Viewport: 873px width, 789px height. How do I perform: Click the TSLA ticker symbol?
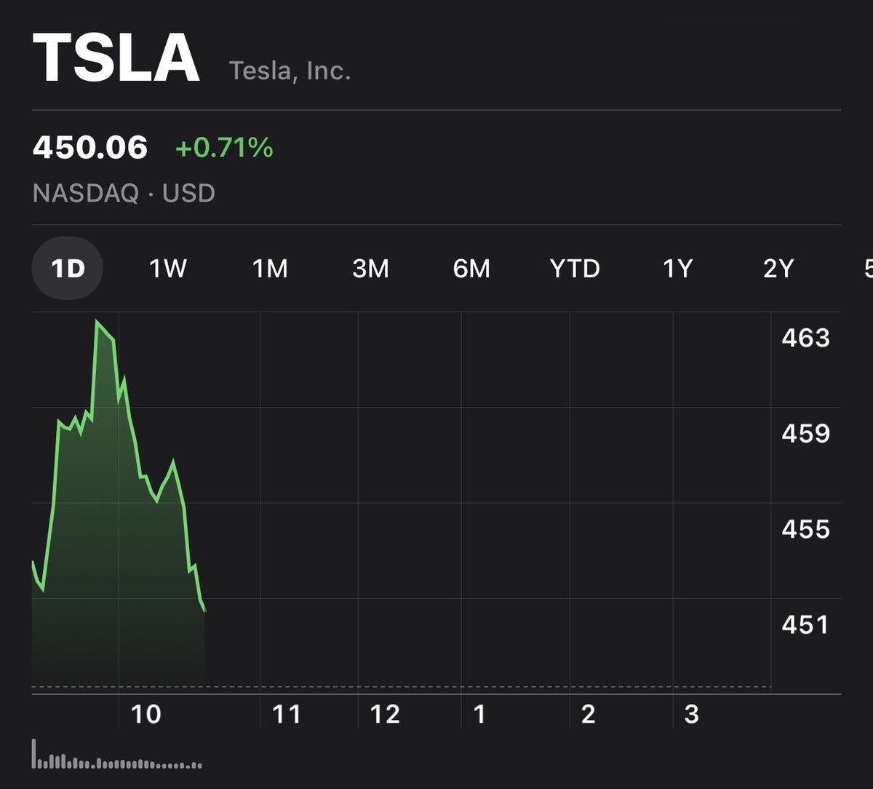[x=116, y=60]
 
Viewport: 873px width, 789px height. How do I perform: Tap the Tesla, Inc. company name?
[x=290, y=71]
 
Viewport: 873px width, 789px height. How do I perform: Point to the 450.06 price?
[x=90, y=148]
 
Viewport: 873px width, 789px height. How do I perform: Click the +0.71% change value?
[x=224, y=148]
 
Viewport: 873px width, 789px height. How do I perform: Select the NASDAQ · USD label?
[x=124, y=194]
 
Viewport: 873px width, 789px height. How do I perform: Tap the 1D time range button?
[x=68, y=269]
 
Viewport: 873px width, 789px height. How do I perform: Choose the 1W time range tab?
[x=168, y=269]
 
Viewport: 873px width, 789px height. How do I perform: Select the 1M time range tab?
[x=270, y=269]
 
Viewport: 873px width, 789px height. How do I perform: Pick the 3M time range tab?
[x=370, y=269]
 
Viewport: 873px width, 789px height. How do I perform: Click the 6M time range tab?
[x=471, y=269]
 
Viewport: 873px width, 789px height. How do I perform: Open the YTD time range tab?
[x=575, y=269]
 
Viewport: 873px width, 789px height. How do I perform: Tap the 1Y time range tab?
[x=677, y=269]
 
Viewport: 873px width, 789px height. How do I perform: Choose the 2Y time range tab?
[x=778, y=269]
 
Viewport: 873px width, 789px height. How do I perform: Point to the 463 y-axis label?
[x=805, y=338]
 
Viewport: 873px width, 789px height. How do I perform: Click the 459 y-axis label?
[x=805, y=434]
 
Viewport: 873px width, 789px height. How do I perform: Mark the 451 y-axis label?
[x=805, y=625]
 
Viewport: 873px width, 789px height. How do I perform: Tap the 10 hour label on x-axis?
[x=145, y=714]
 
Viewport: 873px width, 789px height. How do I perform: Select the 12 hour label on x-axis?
[x=385, y=714]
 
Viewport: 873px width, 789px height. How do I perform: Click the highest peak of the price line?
[x=97, y=321]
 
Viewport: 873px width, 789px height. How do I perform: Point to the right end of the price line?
[x=205, y=610]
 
